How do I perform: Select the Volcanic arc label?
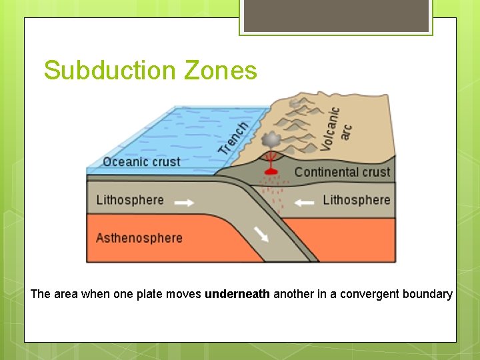[x=336, y=127]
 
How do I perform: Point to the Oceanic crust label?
[x=141, y=162]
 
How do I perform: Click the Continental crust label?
[x=342, y=172]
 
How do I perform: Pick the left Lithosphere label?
[x=130, y=200]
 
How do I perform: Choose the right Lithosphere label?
[x=356, y=200]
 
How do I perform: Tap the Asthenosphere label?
[x=139, y=238]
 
